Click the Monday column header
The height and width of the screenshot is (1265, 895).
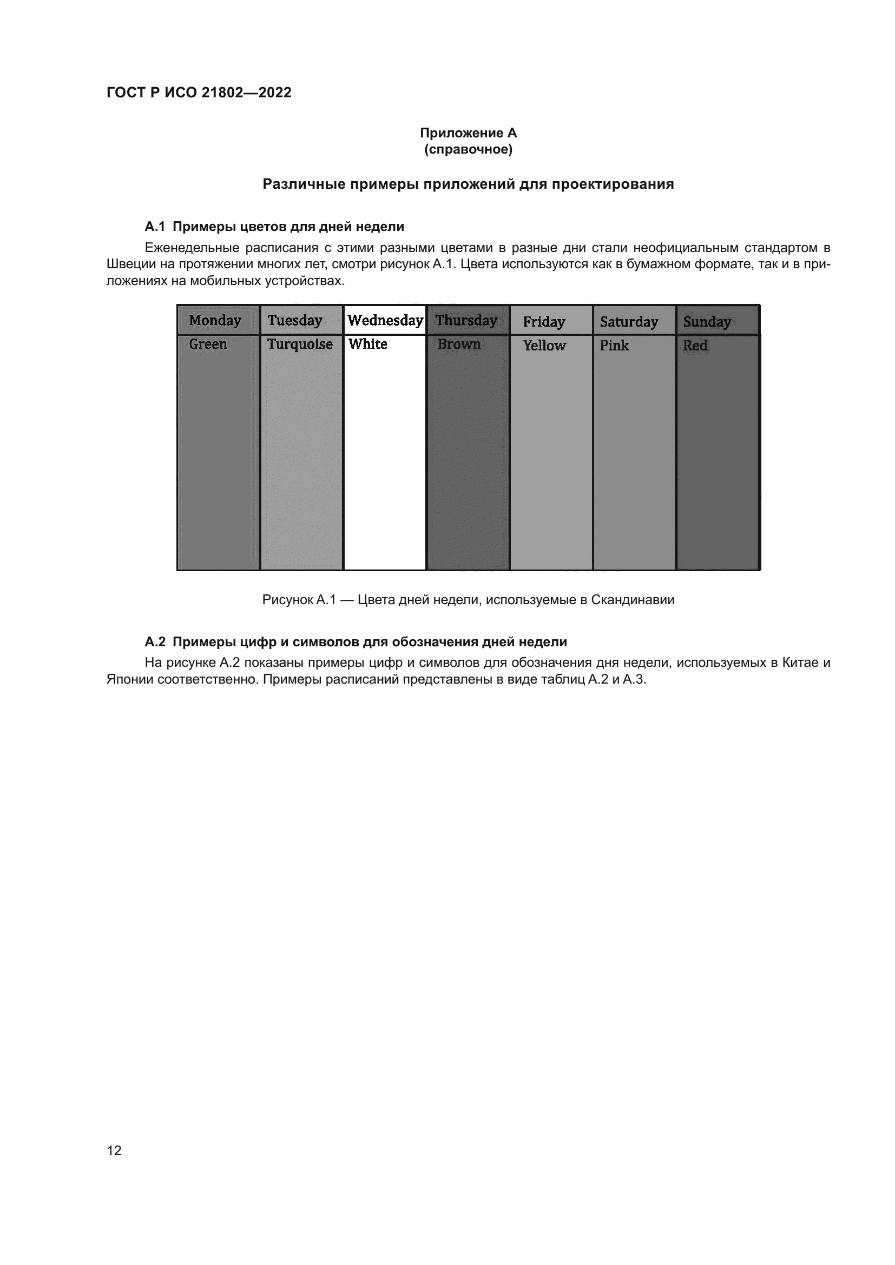(x=215, y=320)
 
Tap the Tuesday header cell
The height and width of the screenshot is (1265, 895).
(x=295, y=320)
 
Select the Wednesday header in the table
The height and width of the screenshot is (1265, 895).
(x=385, y=320)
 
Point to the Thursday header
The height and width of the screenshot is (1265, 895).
(x=466, y=320)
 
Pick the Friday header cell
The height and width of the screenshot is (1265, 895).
(x=544, y=322)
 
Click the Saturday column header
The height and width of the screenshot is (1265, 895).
(x=629, y=322)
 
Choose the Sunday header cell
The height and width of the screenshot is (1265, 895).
(x=707, y=322)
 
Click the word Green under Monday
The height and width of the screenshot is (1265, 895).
(x=208, y=345)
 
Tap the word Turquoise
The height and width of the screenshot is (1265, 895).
(x=300, y=345)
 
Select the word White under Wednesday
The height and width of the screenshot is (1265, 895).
(x=367, y=345)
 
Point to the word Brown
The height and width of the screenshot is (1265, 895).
(x=459, y=345)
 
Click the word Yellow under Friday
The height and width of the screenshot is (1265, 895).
(x=544, y=346)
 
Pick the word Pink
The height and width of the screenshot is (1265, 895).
(x=615, y=346)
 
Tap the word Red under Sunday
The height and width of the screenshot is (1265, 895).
(x=695, y=346)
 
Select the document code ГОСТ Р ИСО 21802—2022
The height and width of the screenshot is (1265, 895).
(x=199, y=92)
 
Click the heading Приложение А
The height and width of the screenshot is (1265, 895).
(x=469, y=133)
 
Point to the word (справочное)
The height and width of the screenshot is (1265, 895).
(x=469, y=149)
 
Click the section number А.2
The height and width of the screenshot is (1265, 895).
(x=155, y=642)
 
